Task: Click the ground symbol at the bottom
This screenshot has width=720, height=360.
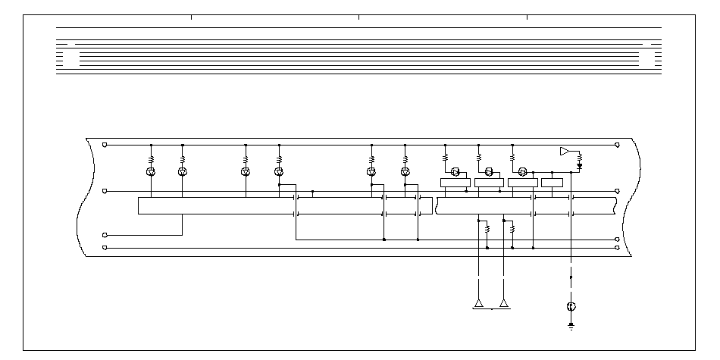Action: [x=571, y=326]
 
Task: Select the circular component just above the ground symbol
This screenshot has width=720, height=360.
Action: [x=571, y=306]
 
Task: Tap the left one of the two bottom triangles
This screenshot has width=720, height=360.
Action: [x=479, y=304]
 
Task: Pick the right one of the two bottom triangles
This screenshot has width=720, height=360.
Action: [x=504, y=304]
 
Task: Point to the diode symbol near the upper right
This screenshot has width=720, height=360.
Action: [x=580, y=164]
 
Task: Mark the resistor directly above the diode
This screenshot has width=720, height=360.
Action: [x=580, y=157]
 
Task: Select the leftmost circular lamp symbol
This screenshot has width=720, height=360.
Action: [x=151, y=172]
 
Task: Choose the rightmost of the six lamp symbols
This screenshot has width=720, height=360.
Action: [x=405, y=172]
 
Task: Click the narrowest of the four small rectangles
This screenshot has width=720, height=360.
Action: [x=552, y=182]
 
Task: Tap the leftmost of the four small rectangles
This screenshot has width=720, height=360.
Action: [x=455, y=182]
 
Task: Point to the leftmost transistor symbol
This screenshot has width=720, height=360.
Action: [x=455, y=171]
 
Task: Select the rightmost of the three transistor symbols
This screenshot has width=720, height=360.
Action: [x=522, y=171]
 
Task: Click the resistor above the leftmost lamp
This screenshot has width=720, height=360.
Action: [x=151, y=159]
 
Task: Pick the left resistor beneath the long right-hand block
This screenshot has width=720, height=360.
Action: [x=487, y=227]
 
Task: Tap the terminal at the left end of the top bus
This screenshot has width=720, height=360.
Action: [x=105, y=144]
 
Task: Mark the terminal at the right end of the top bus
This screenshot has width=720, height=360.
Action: [x=618, y=144]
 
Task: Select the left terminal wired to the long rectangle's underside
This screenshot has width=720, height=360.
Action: [x=105, y=236]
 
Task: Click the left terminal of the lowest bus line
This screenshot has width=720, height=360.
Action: [x=105, y=247]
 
